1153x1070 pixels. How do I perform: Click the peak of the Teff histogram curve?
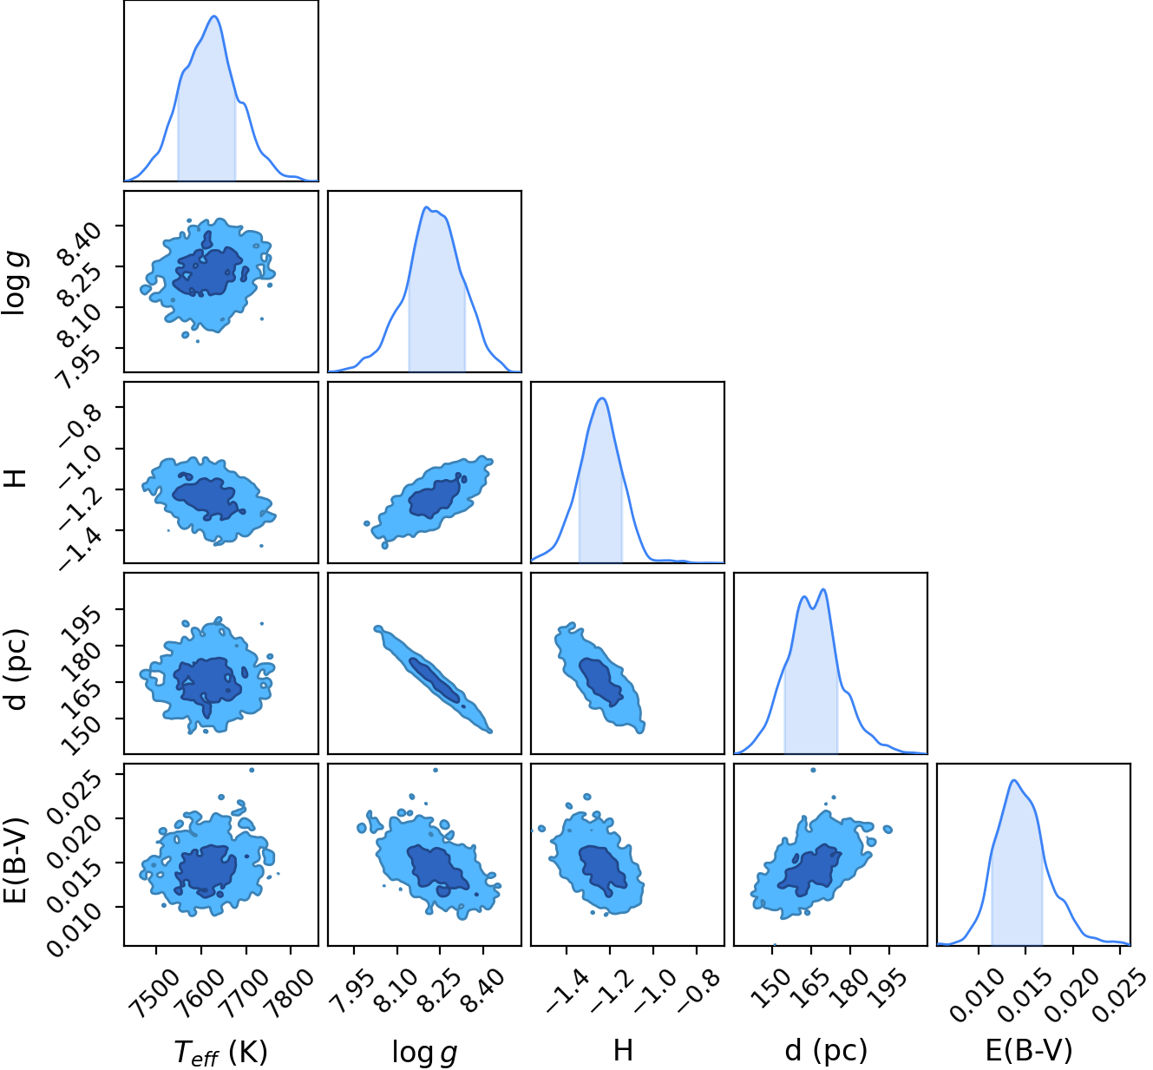click(x=214, y=16)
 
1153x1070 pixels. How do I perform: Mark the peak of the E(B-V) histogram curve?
click(x=1013, y=780)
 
